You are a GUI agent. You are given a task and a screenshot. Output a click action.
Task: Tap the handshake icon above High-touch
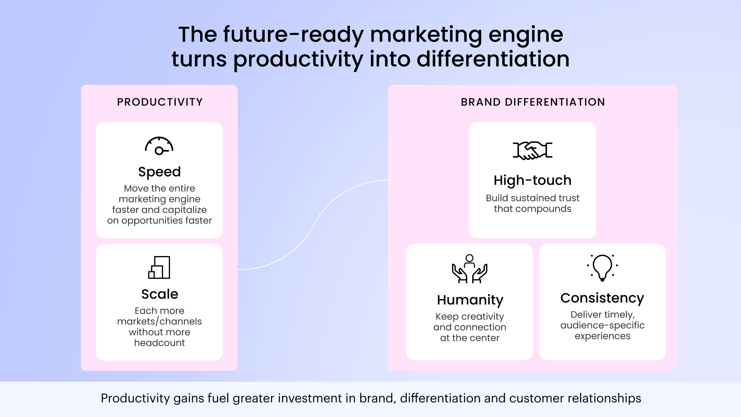pos(532,150)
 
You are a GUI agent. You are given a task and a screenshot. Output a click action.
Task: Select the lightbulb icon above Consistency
pos(602,268)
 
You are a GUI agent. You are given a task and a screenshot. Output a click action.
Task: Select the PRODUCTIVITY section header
pos(160,102)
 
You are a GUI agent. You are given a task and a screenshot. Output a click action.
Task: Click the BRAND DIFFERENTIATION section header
pos(533,102)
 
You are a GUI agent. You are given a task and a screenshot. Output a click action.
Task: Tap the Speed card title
pos(159,172)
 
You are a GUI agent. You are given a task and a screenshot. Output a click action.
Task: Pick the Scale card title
pos(160,294)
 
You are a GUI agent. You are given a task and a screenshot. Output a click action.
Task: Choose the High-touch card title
pos(532,180)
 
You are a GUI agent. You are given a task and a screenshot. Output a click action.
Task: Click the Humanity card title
pos(470,300)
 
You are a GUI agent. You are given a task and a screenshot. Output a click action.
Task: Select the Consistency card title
pos(602,298)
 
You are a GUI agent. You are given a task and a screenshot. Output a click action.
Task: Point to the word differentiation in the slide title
pos(493,59)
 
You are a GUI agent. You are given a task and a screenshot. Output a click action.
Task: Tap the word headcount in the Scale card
pos(159,343)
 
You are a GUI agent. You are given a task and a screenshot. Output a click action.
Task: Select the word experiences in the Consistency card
pos(602,336)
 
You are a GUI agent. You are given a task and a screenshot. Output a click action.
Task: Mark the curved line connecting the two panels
pos(313,225)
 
